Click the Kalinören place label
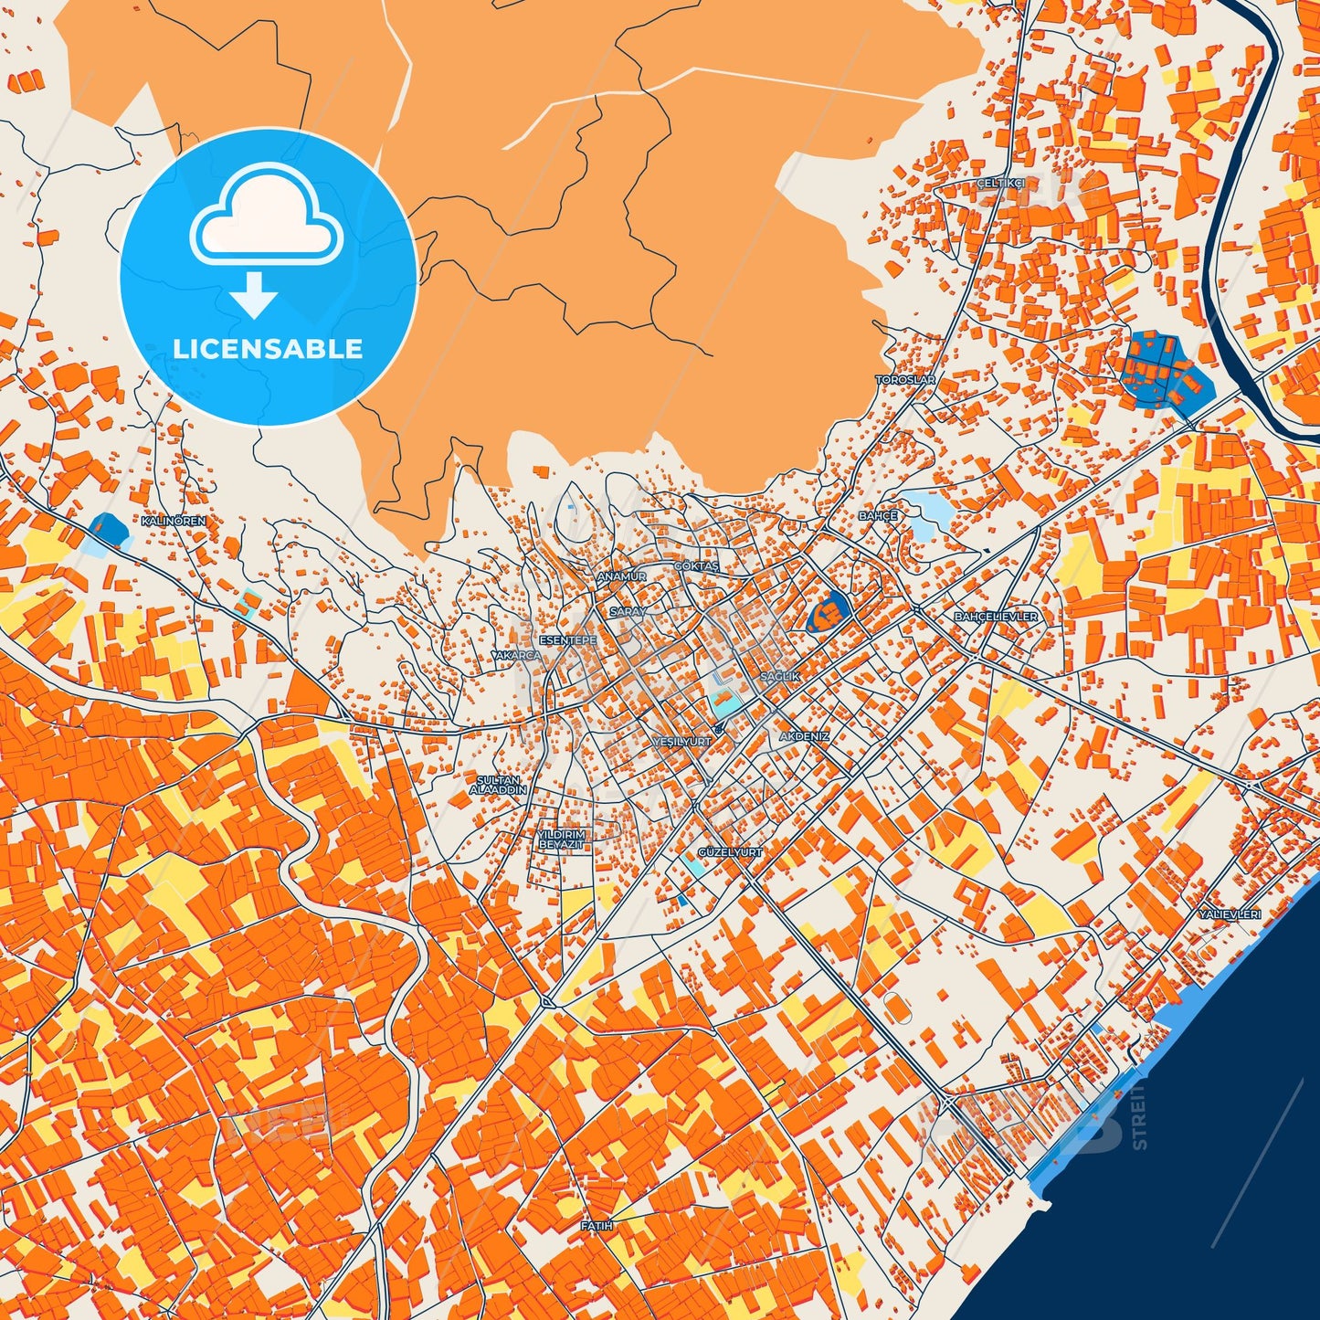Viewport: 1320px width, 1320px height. (x=174, y=520)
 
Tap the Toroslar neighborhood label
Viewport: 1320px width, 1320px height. (x=905, y=379)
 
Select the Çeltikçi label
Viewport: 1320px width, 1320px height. (x=1000, y=183)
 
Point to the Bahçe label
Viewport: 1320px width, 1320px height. (x=878, y=516)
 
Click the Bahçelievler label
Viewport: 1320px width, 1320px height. (x=996, y=617)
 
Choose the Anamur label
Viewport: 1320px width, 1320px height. (x=621, y=576)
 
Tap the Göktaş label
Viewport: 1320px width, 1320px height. (x=697, y=566)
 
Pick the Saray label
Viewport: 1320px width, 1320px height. (x=628, y=611)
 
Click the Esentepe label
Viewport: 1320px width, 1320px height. (x=568, y=640)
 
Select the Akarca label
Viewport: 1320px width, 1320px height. (x=517, y=656)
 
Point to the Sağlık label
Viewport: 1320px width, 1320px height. (x=780, y=677)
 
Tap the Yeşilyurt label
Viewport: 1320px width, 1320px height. (x=682, y=742)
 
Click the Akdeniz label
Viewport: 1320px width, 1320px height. (x=805, y=736)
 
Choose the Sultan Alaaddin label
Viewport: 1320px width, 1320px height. (x=498, y=785)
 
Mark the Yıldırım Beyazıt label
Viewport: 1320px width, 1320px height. (x=561, y=840)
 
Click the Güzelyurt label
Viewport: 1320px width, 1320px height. (x=730, y=851)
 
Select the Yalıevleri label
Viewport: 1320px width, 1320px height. (x=1230, y=914)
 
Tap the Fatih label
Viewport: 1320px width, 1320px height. (x=597, y=1226)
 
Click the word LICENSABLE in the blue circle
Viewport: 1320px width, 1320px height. (x=268, y=348)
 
